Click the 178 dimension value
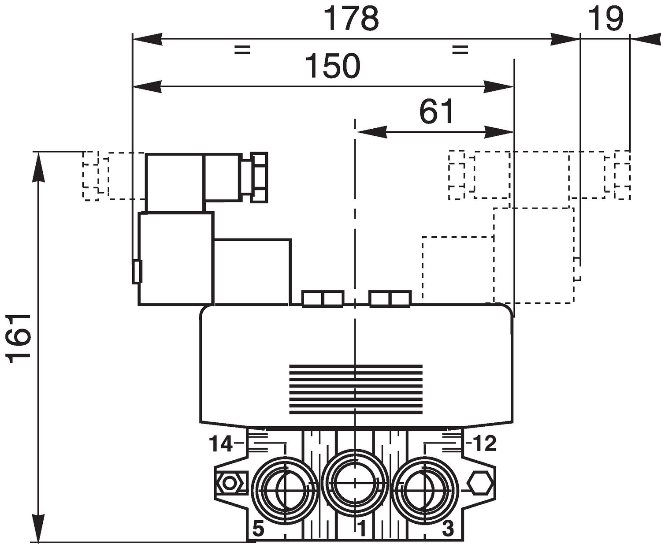click(x=351, y=19)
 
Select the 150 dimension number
click(x=333, y=66)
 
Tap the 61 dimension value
click(x=436, y=112)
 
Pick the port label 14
click(x=220, y=444)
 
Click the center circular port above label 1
click(x=355, y=483)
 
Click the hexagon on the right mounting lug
click(x=479, y=483)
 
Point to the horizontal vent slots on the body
click(x=355, y=389)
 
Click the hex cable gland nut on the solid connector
click(x=259, y=177)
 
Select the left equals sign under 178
click(x=242, y=49)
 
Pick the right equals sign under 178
click(x=460, y=49)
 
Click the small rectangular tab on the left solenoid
click(x=137, y=271)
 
